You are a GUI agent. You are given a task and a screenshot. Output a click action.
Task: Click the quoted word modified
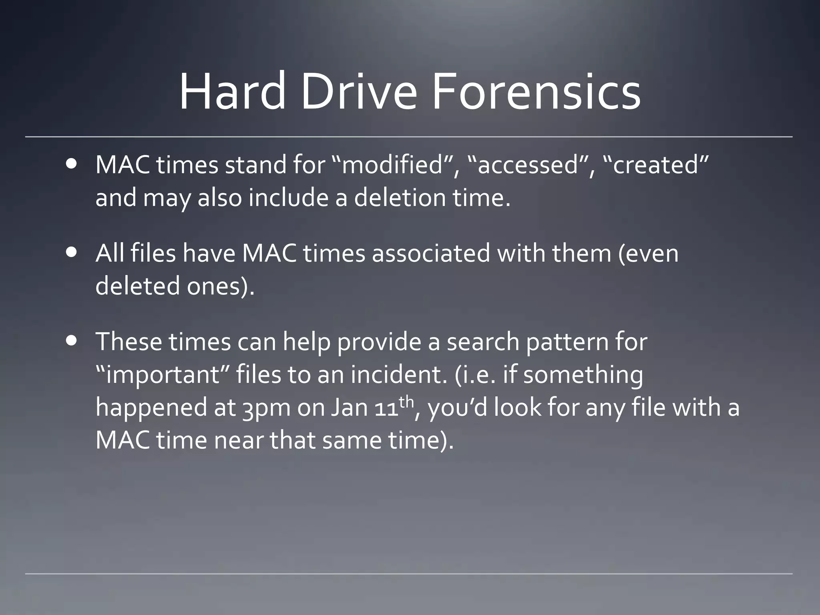pyautogui.click(x=394, y=165)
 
